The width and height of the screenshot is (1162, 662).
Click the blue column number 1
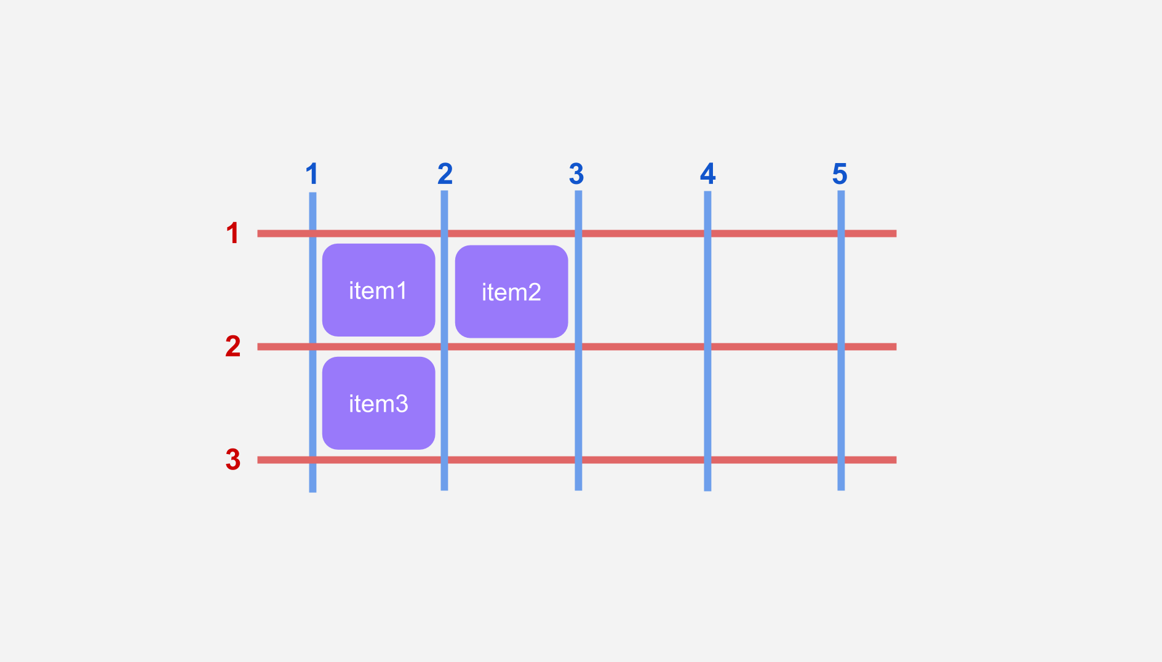[x=312, y=174]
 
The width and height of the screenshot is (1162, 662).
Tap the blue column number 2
[x=445, y=174]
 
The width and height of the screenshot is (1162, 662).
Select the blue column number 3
[x=576, y=174]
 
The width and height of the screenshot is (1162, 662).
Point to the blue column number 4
[x=708, y=174]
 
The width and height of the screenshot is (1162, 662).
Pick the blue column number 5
[x=840, y=174]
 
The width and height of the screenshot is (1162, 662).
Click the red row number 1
[x=233, y=233]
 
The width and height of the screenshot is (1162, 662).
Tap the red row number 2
[x=233, y=346]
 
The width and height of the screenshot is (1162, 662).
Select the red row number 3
[x=233, y=460]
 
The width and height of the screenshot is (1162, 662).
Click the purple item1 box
[x=379, y=290]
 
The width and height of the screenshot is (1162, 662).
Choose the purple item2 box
[x=511, y=292]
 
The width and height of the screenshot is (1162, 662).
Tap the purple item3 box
[x=379, y=403]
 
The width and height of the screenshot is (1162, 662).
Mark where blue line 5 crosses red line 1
[x=841, y=233]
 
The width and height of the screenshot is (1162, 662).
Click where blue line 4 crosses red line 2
[x=707, y=347]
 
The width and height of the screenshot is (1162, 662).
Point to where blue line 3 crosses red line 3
[x=578, y=460]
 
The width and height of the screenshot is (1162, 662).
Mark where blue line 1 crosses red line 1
[x=312, y=233]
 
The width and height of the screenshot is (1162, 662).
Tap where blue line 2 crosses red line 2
[x=444, y=347]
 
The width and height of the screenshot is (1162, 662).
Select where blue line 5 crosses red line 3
[x=841, y=460]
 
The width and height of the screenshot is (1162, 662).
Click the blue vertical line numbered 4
[x=707, y=341]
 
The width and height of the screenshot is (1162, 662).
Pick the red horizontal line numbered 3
[x=577, y=460]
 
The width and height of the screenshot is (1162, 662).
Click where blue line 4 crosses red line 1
[x=707, y=233]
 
